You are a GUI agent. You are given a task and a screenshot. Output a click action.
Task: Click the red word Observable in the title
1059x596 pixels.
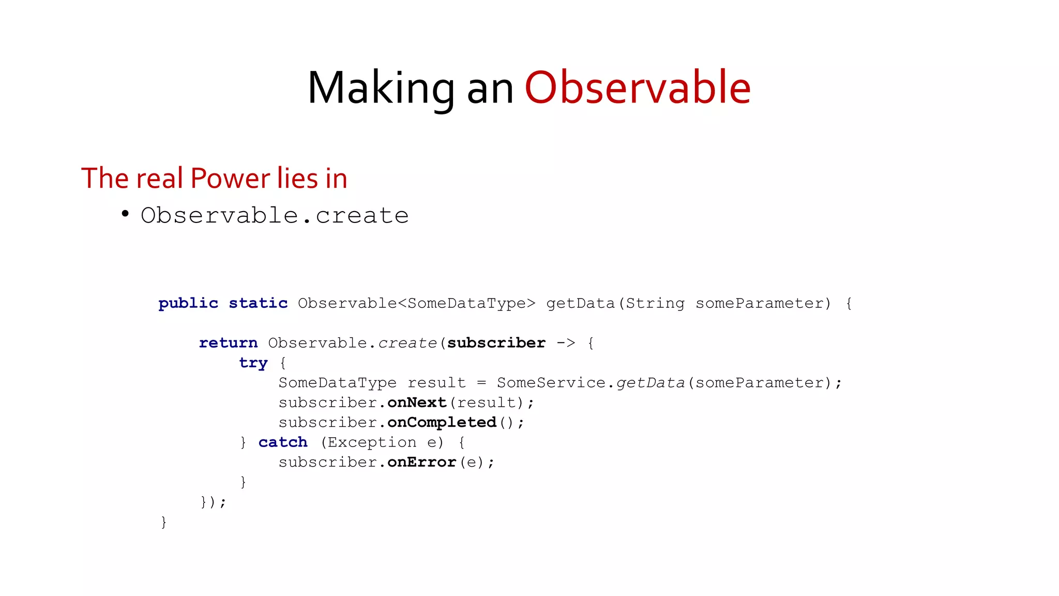[638, 87]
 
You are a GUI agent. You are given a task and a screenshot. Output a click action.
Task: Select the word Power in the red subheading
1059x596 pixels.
[230, 178]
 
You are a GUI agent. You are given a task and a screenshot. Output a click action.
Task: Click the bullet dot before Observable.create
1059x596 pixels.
[125, 214]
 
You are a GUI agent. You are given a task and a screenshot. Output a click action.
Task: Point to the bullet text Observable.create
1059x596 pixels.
[275, 215]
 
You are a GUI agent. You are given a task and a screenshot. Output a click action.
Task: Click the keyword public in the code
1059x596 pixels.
[188, 303]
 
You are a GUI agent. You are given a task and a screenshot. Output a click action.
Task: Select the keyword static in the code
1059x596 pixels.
[258, 303]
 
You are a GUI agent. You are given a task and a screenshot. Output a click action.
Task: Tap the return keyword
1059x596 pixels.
[228, 343]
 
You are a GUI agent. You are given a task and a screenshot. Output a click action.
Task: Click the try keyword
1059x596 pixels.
[253, 363]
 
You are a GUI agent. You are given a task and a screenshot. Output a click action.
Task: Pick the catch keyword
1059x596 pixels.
[283, 442]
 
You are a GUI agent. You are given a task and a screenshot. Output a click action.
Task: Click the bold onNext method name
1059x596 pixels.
[417, 403]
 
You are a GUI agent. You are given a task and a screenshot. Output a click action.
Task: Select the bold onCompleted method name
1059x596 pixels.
[442, 423]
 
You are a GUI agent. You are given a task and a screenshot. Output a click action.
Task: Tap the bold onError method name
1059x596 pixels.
[421, 462]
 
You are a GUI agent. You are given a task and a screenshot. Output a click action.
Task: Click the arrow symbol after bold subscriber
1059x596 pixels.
[566, 343]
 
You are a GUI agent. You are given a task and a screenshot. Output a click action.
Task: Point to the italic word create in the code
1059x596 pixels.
[407, 343]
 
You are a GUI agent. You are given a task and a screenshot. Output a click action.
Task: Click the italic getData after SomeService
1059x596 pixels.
[650, 383]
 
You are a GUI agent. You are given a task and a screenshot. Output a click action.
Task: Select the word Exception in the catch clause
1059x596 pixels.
[372, 442]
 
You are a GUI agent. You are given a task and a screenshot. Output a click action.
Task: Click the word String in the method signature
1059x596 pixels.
[655, 303]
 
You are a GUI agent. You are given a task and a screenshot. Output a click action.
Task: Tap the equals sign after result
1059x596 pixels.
[481, 383]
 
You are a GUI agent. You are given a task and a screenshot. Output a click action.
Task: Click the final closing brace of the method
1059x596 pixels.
[164, 522]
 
